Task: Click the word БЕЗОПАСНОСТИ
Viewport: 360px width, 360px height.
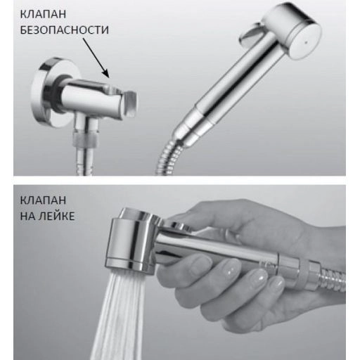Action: pos(64,30)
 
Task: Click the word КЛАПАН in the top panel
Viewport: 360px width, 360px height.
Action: pos(43,14)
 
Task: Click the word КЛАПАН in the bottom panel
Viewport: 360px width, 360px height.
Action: pos(43,200)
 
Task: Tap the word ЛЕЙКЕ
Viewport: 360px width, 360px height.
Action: pos(56,216)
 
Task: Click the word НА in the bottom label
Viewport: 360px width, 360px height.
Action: pos(27,216)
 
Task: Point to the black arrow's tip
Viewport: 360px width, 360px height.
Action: pos(109,77)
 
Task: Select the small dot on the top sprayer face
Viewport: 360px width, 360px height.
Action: pos(305,43)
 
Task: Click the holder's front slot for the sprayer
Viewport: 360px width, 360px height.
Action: pos(129,104)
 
